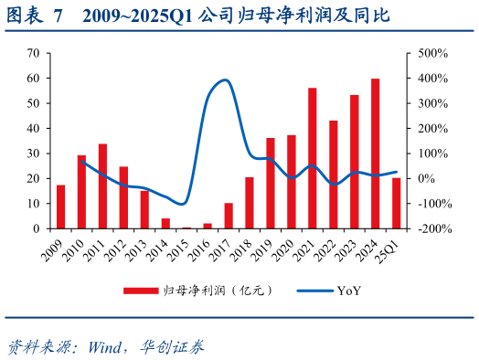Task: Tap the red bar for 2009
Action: (61, 206)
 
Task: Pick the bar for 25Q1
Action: (396, 203)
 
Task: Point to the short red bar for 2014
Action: (165, 223)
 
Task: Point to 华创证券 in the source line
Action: (173, 346)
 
